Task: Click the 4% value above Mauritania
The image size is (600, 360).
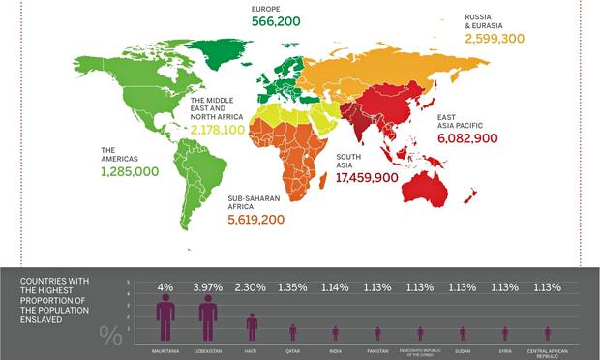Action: pyautogui.click(x=165, y=286)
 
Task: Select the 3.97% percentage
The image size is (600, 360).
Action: pyautogui.click(x=208, y=286)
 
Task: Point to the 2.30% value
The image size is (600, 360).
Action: pyautogui.click(x=251, y=286)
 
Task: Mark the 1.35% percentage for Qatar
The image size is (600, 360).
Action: pyautogui.click(x=293, y=286)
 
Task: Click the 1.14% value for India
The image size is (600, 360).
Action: pyautogui.click(x=336, y=286)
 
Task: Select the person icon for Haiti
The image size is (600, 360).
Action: pyautogui.click(x=251, y=326)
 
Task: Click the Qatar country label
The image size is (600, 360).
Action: pyautogui.click(x=293, y=350)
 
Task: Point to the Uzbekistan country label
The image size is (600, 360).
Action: pyautogui.click(x=208, y=350)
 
